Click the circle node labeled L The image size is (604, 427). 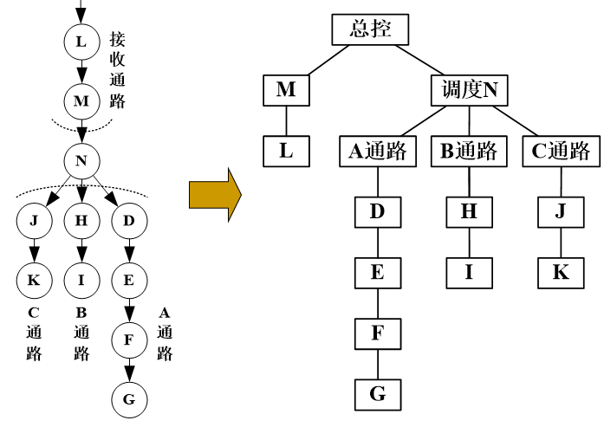click(x=81, y=42)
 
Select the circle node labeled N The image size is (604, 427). click(x=81, y=160)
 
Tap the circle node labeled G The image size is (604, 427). click(x=129, y=399)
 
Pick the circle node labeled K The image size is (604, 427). click(x=34, y=280)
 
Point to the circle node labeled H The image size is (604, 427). click(x=81, y=220)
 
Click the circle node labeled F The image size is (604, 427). click(x=129, y=340)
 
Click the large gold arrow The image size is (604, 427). click(x=214, y=194)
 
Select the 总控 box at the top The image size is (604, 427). click(x=370, y=29)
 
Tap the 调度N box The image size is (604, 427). click(x=469, y=89)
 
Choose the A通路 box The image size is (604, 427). click(x=377, y=151)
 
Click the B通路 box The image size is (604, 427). click(x=469, y=151)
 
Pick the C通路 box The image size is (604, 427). click(x=561, y=151)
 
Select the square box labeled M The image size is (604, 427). click(x=286, y=89)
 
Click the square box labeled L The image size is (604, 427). click(x=286, y=151)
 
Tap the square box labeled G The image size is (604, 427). click(x=377, y=394)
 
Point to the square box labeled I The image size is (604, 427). click(x=469, y=272)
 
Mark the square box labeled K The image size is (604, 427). click(x=561, y=272)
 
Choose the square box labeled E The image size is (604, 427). click(x=377, y=272)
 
